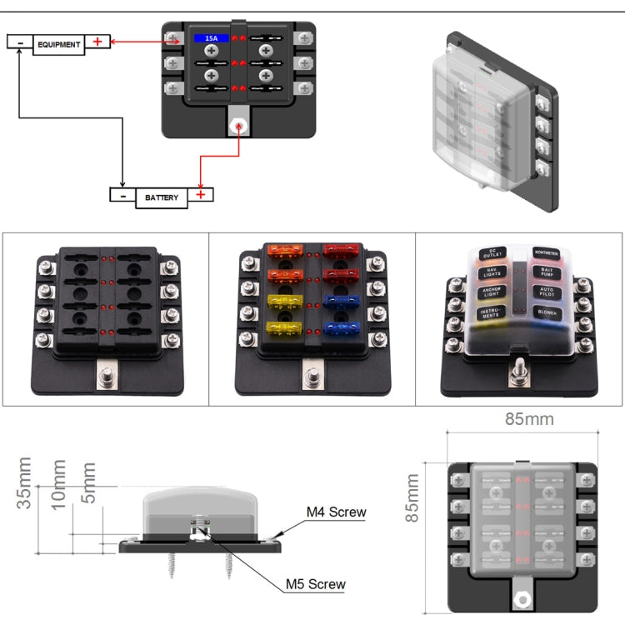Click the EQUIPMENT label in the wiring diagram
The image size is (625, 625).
pos(58,44)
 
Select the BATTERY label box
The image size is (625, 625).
pos(162,197)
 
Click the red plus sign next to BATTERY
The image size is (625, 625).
pos(200,195)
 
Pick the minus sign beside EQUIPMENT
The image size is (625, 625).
pos(20,42)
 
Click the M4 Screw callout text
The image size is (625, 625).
pos(336,512)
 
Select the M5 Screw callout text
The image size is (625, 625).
pos(315,584)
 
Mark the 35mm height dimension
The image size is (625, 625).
pos(25,482)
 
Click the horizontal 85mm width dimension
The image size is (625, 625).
pos(528,419)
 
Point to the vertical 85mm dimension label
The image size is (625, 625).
pos(412,497)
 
